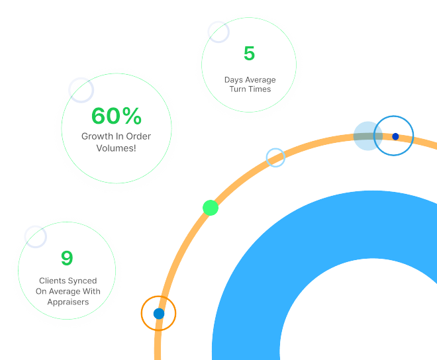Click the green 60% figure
(x=117, y=116)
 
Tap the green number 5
(x=249, y=53)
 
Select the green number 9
(x=67, y=257)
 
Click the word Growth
(x=97, y=136)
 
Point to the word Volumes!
(x=117, y=148)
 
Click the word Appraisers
(x=68, y=302)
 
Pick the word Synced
(x=83, y=281)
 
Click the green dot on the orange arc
(x=211, y=207)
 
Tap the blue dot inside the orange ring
(x=159, y=313)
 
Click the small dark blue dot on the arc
(x=395, y=136)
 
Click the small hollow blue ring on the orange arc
(x=275, y=157)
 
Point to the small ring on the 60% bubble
(x=81, y=89)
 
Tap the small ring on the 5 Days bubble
(x=218, y=31)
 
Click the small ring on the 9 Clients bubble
(x=35, y=236)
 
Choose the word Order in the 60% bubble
(x=137, y=136)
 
